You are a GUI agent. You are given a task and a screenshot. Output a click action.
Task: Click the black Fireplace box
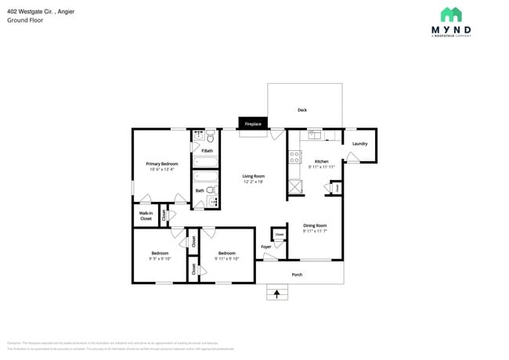click(253, 124)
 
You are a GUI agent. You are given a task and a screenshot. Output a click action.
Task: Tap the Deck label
click(301, 110)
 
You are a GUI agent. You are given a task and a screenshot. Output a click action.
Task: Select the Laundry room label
click(359, 144)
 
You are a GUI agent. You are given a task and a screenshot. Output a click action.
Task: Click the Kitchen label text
click(321, 160)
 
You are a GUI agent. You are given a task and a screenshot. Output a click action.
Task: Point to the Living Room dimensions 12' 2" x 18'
click(253, 182)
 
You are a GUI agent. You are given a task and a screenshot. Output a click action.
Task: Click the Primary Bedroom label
click(162, 164)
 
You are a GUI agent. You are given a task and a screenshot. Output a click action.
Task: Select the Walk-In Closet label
click(146, 216)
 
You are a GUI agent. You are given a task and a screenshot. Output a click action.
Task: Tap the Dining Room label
click(315, 225)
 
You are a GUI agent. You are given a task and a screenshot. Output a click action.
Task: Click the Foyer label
click(266, 247)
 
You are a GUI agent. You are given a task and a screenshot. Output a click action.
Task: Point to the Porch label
click(297, 275)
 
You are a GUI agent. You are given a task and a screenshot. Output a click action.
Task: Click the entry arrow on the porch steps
click(275, 294)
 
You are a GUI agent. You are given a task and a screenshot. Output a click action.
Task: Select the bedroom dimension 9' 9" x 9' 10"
click(160, 259)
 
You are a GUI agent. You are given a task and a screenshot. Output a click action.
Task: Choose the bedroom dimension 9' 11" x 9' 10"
click(227, 259)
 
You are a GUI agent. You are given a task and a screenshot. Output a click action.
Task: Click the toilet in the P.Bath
click(211, 137)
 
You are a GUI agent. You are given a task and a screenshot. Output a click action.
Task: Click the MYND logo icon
click(450, 15)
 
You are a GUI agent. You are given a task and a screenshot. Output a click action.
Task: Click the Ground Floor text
click(25, 20)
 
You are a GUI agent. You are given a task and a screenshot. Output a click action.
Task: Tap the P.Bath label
click(207, 150)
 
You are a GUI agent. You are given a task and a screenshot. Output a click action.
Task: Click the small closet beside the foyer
click(279, 235)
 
